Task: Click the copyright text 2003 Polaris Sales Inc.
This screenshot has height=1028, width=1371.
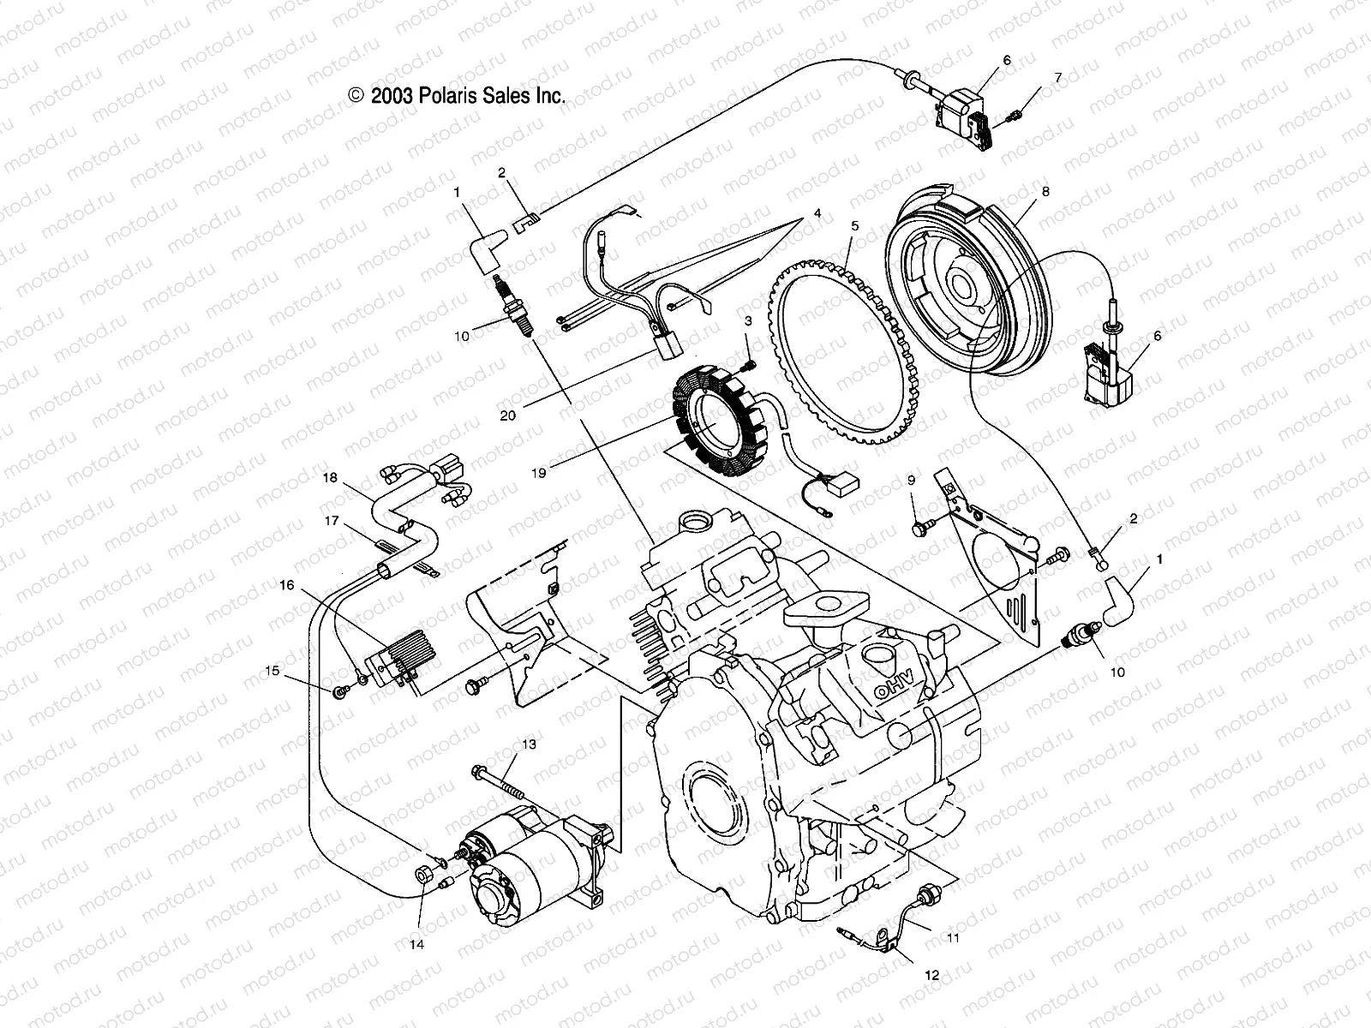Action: click(x=457, y=96)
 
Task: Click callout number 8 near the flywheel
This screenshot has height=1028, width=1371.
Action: click(x=1069, y=194)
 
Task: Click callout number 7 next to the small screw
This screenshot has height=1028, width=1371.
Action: click(x=1057, y=77)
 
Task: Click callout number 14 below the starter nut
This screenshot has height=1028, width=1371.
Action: click(x=417, y=945)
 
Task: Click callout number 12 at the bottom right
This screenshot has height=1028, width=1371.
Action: click(x=931, y=975)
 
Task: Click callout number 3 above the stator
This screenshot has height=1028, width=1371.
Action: click(x=747, y=321)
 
